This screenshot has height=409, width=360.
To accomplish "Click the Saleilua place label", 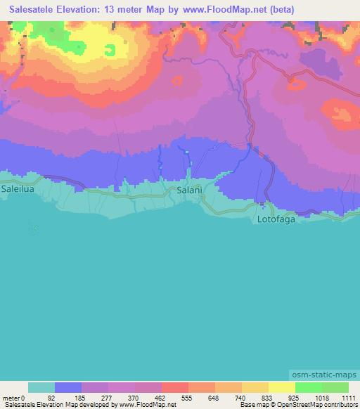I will tap(19, 190).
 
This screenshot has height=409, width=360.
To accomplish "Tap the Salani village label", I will tap(190, 191).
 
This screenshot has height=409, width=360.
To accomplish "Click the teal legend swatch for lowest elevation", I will tap(41, 387).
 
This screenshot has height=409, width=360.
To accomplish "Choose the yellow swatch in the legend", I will tap(281, 387).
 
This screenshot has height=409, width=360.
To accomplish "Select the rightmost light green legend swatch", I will tap(335, 387).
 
